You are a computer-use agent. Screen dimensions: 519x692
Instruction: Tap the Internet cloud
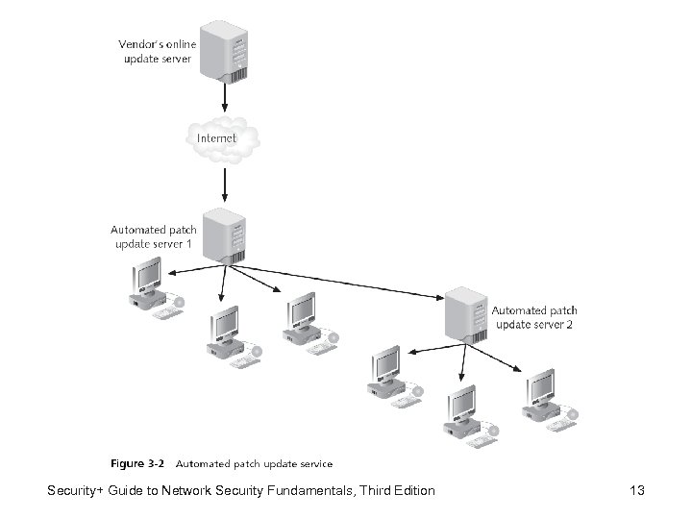[x=223, y=139]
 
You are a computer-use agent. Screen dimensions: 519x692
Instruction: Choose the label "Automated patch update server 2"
[x=535, y=318]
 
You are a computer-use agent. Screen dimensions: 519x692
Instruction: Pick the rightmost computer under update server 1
[x=305, y=320]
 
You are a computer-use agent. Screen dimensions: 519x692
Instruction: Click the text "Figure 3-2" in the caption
[x=137, y=463]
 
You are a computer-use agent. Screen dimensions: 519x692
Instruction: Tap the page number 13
[x=635, y=492]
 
